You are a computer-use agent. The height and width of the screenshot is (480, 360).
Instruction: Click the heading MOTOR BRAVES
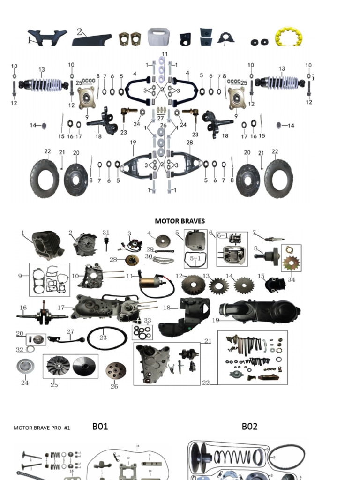(x=180, y=221)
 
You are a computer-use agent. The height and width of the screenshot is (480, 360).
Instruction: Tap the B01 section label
(x=100, y=426)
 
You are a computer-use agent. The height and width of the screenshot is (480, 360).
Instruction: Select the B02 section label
(x=249, y=426)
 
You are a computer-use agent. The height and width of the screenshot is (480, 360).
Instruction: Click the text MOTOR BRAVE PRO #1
(x=42, y=427)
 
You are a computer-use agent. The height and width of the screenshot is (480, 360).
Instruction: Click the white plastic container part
(x=158, y=37)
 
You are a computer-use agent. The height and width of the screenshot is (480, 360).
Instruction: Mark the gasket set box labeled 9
(x=50, y=279)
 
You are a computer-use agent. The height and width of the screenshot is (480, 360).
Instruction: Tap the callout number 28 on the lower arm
(x=189, y=142)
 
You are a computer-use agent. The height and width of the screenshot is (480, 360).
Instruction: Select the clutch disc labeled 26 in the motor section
(x=115, y=371)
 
